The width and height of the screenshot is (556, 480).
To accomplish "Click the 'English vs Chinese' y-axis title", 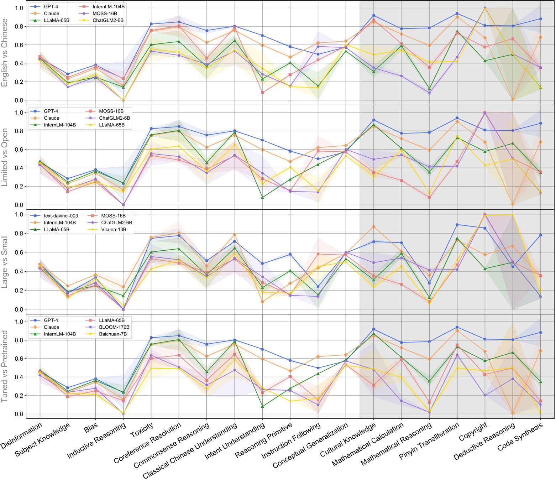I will point(5,53).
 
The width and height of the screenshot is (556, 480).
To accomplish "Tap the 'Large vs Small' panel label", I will point(5,262).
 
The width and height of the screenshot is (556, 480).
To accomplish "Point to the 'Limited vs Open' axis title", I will point(5,157).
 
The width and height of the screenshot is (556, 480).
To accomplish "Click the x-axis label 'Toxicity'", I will point(142,431).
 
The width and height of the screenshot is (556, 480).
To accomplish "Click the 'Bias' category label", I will point(91,428).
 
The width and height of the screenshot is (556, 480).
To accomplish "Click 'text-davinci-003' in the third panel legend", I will point(61,216).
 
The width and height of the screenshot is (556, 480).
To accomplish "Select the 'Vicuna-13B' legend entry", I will point(114,229).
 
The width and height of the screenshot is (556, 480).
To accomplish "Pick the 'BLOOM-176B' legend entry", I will point(114,327).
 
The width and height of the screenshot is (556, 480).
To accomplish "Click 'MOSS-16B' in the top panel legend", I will point(105,14).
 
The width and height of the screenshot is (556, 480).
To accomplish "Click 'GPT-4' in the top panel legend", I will point(51,7).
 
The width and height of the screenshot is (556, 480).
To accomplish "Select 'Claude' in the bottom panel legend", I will point(51,327).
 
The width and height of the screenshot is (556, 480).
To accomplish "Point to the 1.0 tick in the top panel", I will point(20,8).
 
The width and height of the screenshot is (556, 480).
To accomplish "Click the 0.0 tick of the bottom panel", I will point(20,414).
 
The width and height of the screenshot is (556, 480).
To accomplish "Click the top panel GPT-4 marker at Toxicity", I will point(151,24).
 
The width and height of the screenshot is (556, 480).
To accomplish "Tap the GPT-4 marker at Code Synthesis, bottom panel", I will point(541,333).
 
